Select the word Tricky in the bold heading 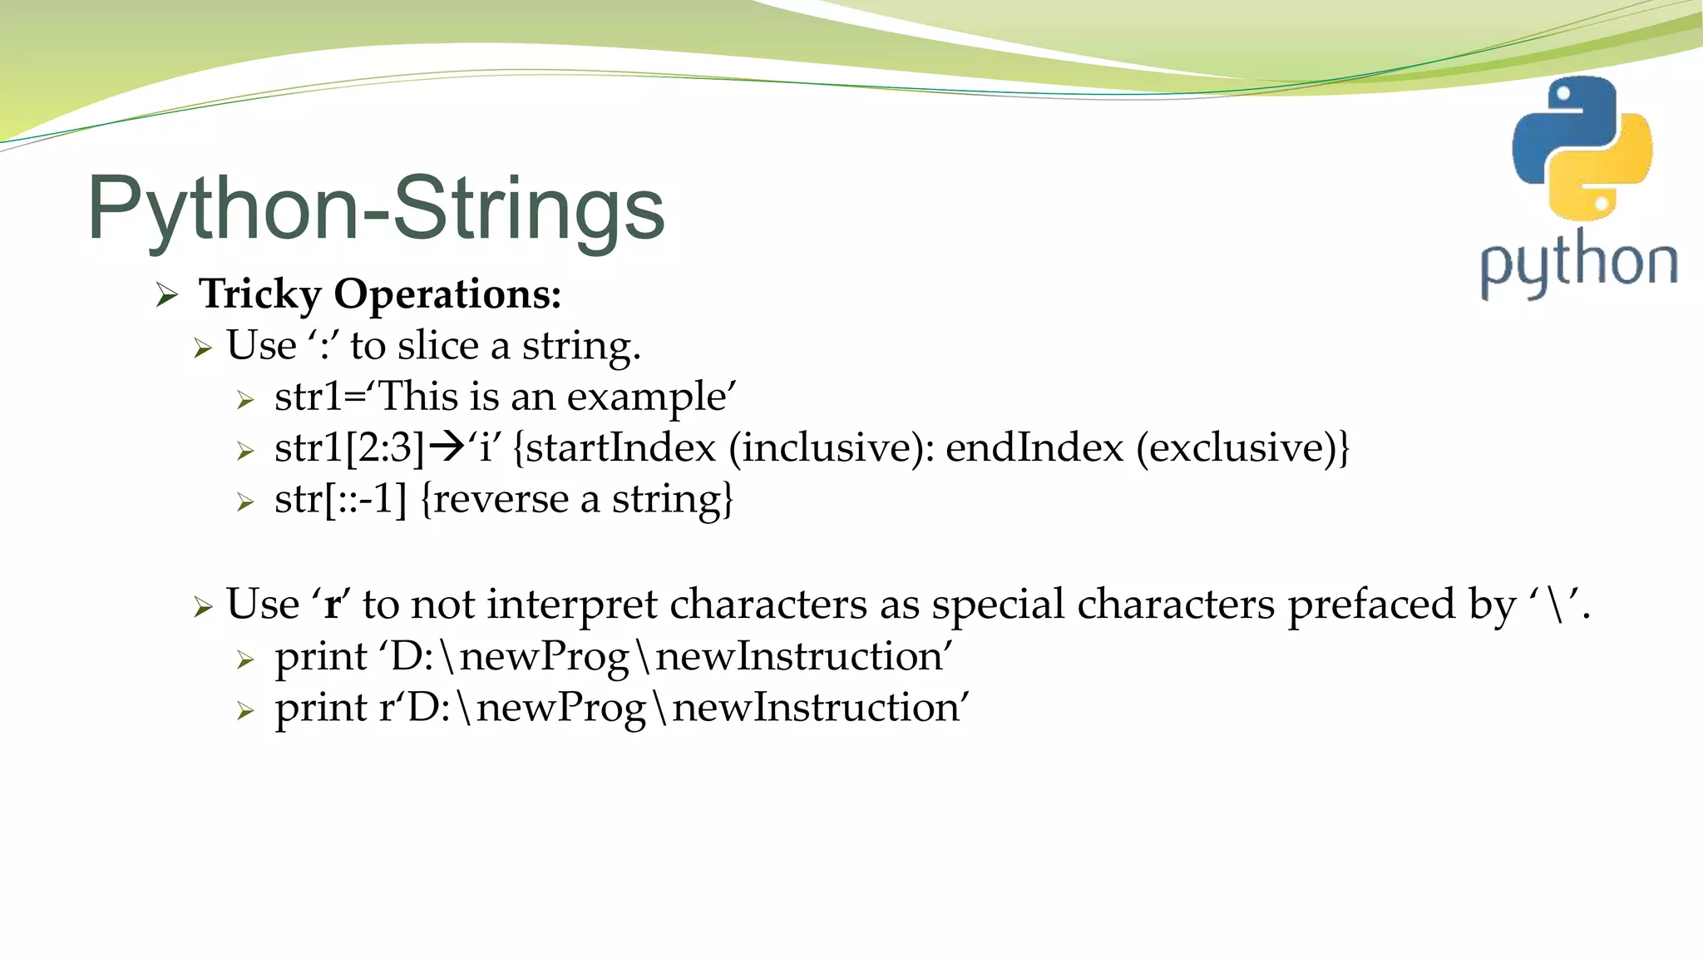260,294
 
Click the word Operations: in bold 447,294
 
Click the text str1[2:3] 349,447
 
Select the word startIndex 620,447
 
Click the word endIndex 1034,447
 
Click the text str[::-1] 340,499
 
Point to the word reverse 500,499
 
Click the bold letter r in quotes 332,605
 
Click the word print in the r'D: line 321,708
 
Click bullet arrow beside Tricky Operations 167,295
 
